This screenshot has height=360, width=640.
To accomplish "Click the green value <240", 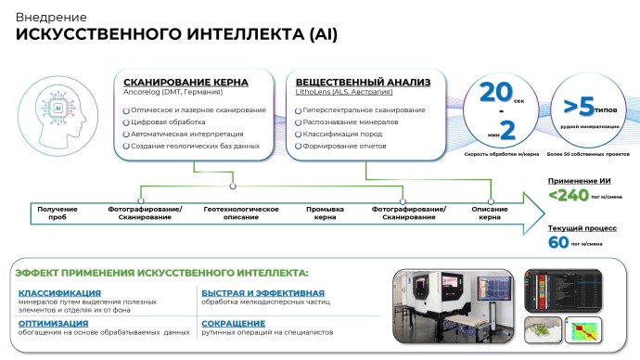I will tap(568, 196).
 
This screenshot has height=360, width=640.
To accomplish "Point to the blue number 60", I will tap(558, 243).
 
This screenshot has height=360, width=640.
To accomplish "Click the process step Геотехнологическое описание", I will tap(241, 213).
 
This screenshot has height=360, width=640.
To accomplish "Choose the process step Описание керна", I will tap(491, 213).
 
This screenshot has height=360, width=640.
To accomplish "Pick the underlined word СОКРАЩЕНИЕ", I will tap(231, 322).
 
